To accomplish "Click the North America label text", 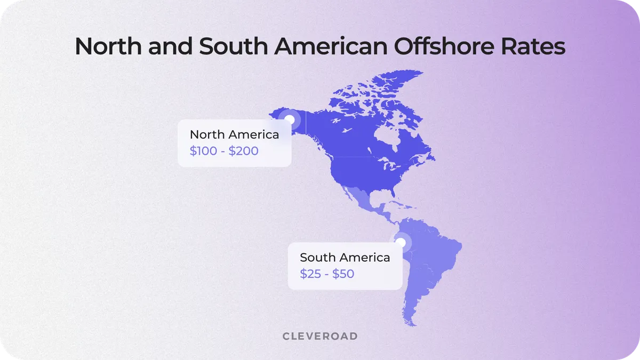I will click(234, 134).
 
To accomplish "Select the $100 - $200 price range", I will click(224, 151).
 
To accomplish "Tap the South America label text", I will click(345, 258).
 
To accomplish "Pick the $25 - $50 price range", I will click(327, 274).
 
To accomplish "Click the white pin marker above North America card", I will click(290, 119).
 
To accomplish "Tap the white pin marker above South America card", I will click(401, 242).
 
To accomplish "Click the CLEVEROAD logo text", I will click(319, 337).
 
